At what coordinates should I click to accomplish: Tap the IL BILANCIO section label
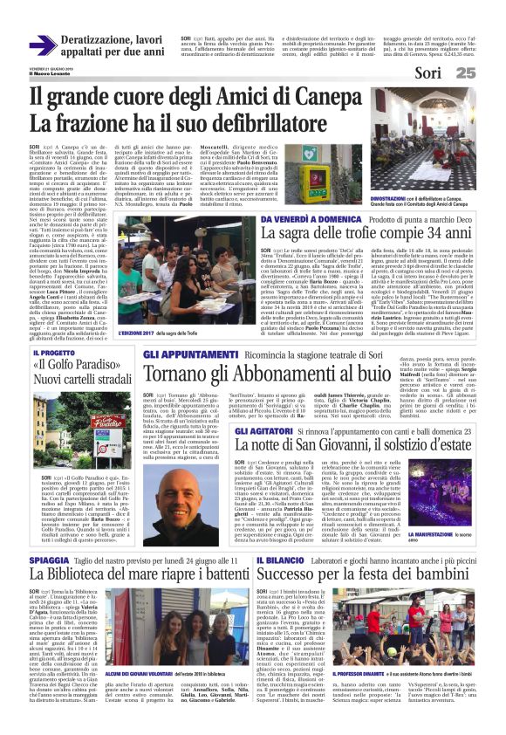point(280,533)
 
